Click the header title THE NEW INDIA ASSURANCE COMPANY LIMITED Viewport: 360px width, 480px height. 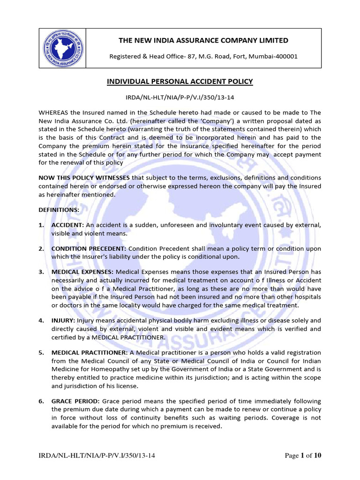tap(203, 40)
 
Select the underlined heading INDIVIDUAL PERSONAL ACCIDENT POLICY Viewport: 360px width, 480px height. tap(180, 82)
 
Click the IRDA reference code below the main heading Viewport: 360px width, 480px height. tap(180, 97)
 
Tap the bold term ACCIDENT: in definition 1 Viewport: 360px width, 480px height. tap(67, 225)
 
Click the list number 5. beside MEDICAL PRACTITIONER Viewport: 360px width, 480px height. tap(41, 352)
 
